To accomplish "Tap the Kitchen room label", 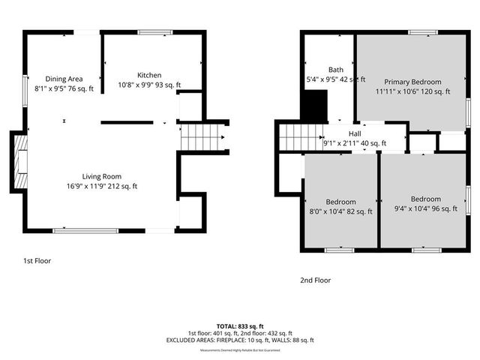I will coord(149,75).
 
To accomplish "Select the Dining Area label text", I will coord(64,79).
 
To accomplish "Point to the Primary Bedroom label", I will coord(412,82).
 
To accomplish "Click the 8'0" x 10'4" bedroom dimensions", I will coord(340,212).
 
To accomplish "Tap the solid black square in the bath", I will coord(315,104).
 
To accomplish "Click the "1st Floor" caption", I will coord(37,261).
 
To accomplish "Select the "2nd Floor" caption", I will coord(315,280).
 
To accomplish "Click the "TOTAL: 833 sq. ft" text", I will coord(239,326).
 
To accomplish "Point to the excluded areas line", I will coord(239,340).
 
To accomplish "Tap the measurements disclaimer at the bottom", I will coord(239,350).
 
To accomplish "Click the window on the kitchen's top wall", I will coord(154,32).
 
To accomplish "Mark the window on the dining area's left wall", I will coord(25,87).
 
